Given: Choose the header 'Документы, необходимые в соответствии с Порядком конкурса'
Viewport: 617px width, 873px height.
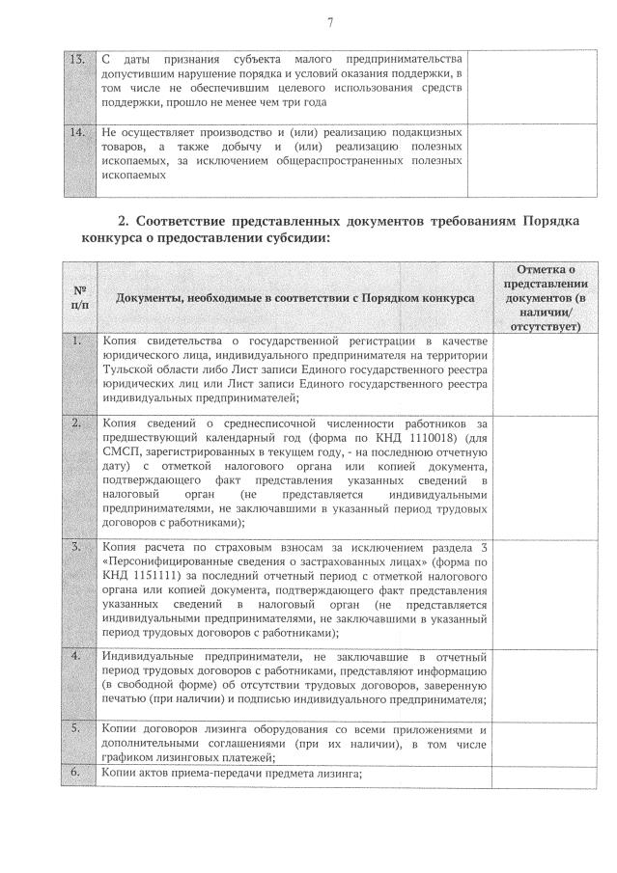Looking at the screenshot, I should [x=294, y=299].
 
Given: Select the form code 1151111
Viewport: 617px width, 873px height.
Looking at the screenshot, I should [x=146, y=576].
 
